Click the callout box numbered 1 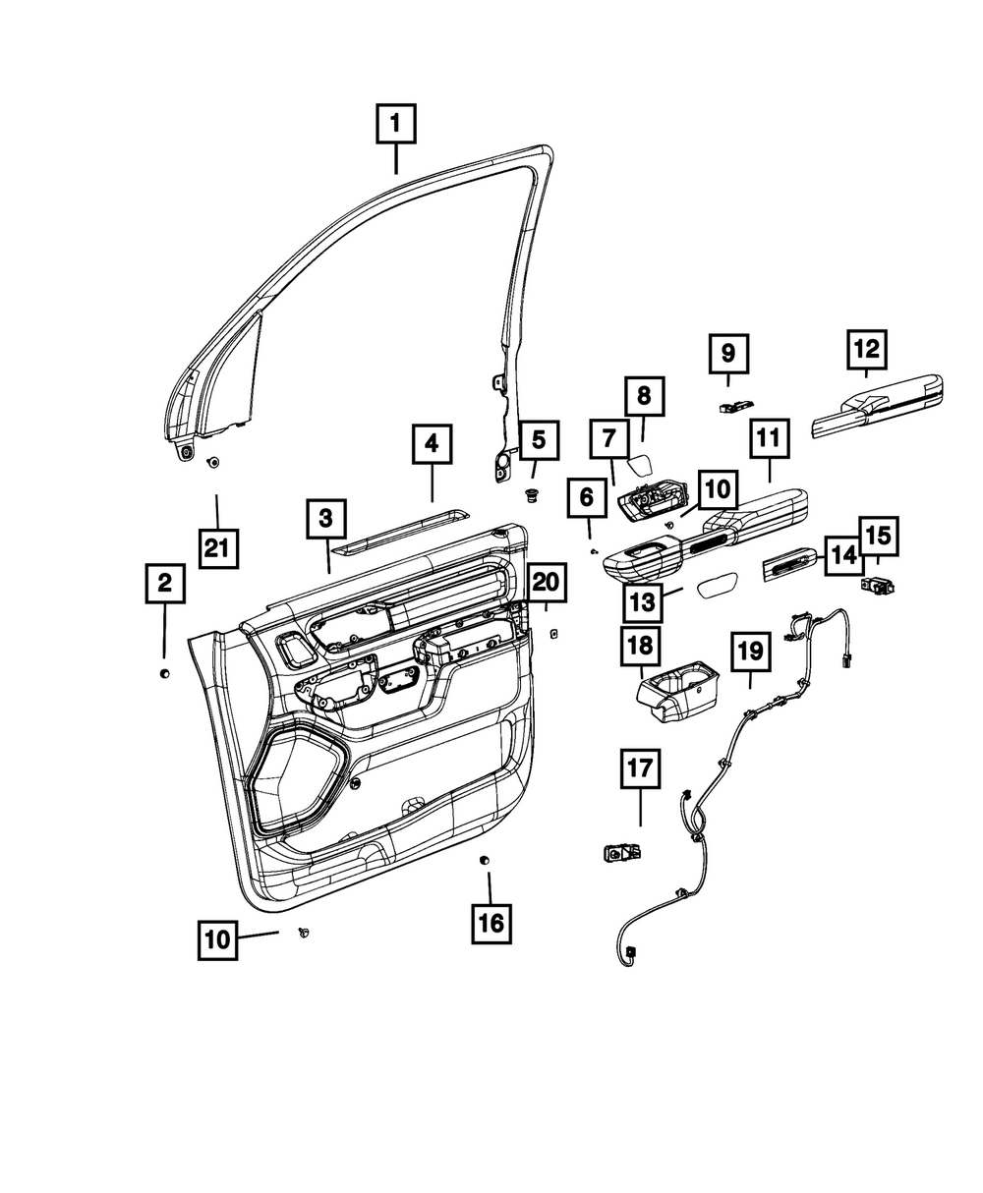(x=396, y=125)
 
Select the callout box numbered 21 (x=217, y=546)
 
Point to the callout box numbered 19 (x=751, y=652)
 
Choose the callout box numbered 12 (x=866, y=348)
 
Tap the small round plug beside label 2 (x=165, y=673)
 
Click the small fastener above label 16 (x=484, y=861)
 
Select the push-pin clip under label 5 (x=533, y=494)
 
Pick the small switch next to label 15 (x=874, y=587)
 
